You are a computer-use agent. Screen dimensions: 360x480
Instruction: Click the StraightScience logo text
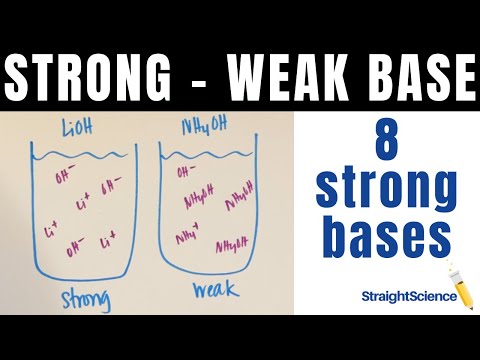[x=404, y=296]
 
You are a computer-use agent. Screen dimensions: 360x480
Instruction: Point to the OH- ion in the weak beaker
[x=187, y=171]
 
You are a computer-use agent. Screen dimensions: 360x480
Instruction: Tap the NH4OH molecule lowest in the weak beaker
[x=232, y=246]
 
